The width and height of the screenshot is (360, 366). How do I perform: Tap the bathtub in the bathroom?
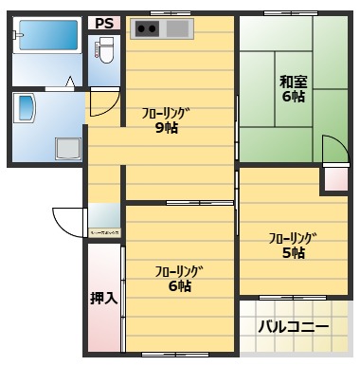(x=46, y=41)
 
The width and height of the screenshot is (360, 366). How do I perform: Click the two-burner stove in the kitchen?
(x=147, y=28)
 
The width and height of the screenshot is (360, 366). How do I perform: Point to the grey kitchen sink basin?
(x=177, y=28)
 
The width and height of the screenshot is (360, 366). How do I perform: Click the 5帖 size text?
(x=291, y=252)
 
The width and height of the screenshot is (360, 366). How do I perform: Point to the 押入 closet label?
(x=102, y=298)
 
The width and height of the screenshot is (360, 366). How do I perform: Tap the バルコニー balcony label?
(x=294, y=327)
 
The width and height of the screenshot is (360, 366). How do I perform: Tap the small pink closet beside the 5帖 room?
(x=335, y=177)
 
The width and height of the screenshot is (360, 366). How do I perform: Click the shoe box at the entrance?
(x=103, y=221)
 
